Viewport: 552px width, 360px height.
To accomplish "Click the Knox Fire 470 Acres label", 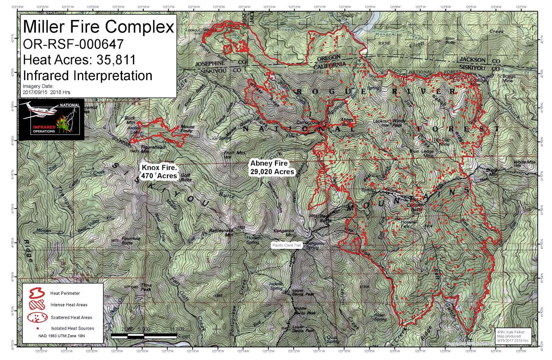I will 159,172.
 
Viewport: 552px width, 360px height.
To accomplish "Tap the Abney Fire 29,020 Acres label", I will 272,167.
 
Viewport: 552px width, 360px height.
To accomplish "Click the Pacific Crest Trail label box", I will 286,245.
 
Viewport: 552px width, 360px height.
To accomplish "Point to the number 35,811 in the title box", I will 116,60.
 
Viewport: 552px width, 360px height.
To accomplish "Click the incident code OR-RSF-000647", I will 73,44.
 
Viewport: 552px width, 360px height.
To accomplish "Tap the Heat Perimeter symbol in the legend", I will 37,293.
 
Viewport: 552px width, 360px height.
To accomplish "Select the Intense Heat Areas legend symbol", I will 37,305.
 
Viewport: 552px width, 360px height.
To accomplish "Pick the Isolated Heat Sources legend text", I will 72,328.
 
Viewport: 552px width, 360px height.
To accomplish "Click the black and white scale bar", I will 144,335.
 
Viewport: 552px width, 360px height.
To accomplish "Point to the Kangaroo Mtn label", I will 284,233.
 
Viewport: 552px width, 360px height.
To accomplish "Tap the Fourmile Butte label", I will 130,241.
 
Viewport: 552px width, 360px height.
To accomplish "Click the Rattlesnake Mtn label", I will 221,232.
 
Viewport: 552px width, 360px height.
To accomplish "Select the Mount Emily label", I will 187,128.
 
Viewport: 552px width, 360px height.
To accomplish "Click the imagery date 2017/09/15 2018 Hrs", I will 46,92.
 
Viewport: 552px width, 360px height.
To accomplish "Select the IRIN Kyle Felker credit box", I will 513,336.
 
